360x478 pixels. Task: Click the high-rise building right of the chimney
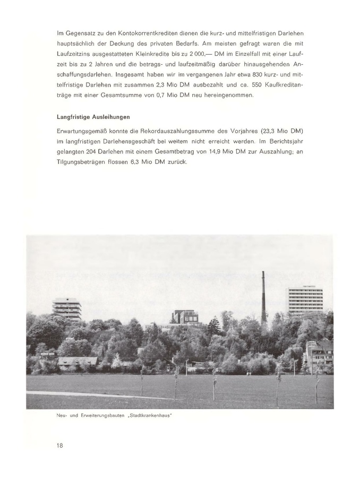click(x=305, y=301)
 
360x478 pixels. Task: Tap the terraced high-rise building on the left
click(x=67, y=308)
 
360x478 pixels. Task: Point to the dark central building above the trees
click(x=185, y=318)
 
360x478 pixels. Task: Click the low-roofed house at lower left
click(x=78, y=362)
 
